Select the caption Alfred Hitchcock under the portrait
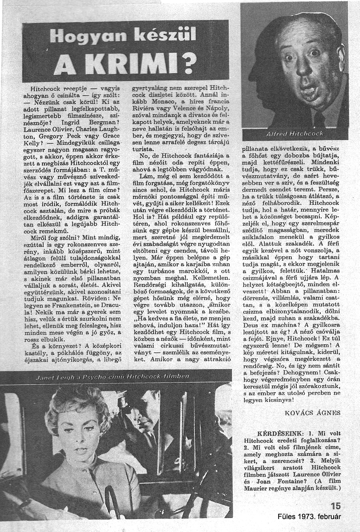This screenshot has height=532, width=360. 294,134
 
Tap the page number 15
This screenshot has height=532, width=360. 335,506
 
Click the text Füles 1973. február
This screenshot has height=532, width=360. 309,517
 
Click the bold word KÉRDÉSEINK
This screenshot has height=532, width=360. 275,433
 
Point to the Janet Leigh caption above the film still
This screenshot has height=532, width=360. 112,377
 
